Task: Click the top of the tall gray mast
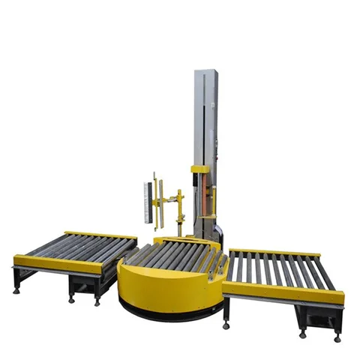click(205, 73)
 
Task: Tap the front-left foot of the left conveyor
click(16, 290)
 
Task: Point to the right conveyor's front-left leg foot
click(226, 325)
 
